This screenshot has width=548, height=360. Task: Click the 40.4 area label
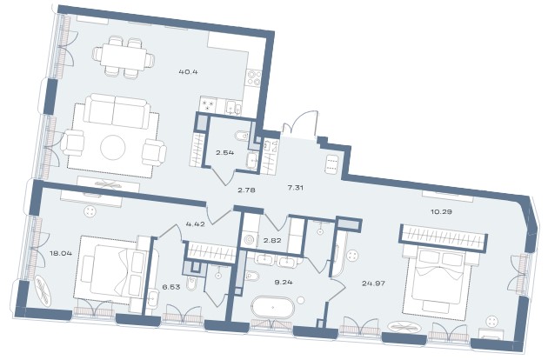point(189,72)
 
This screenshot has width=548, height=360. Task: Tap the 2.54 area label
point(225,152)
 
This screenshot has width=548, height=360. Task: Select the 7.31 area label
point(296,188)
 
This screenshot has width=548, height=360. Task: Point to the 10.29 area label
point(442,211)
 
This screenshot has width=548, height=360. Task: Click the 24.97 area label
point(374,283)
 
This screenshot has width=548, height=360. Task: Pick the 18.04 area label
point(61,253)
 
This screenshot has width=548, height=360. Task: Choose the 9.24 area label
point(284,283)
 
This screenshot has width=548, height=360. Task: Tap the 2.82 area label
point(271,241)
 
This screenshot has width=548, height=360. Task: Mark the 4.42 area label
point(196,224)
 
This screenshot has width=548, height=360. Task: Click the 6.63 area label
point(171,287)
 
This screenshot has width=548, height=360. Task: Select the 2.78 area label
point(246,190)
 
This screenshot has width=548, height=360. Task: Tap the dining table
point(124,57)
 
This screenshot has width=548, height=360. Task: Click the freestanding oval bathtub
point(273,307)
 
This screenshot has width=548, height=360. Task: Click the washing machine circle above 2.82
point(251,241)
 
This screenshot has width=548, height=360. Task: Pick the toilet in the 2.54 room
point(242,136)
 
